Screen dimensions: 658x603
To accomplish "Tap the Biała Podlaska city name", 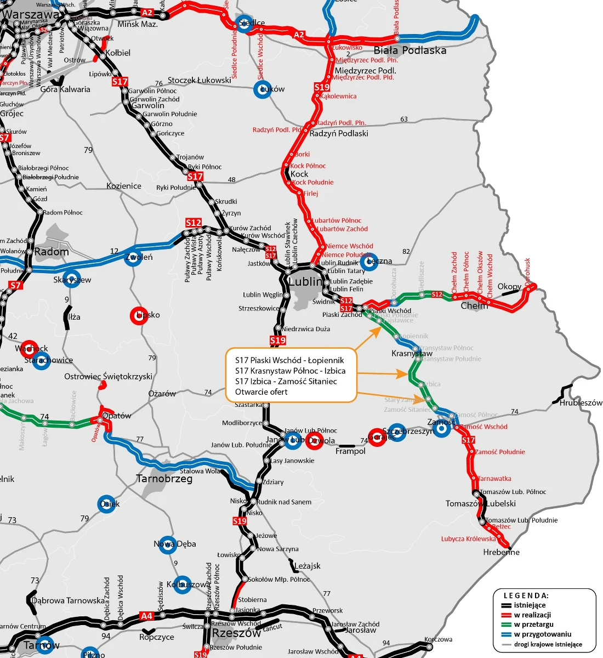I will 410,50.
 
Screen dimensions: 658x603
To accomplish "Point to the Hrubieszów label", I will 581,402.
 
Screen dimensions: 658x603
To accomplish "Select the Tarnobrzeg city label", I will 164,479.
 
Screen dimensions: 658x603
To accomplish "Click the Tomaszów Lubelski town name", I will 480,503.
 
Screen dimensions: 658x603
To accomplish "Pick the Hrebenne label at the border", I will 501,552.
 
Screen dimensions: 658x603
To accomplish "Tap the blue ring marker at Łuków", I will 263,90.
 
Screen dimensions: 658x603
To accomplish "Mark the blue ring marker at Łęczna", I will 370,262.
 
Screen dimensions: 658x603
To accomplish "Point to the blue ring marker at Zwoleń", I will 133,257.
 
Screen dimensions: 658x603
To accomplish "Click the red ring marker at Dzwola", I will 314,441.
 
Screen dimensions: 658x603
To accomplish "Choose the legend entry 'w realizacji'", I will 532,615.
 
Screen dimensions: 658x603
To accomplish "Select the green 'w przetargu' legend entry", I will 533,625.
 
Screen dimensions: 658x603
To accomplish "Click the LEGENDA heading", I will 526,595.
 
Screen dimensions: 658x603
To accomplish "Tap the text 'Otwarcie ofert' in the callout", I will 261,392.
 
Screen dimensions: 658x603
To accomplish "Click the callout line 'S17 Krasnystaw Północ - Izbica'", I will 290,371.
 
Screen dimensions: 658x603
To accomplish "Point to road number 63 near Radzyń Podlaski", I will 404,119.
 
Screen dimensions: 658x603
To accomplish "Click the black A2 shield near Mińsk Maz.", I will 147,13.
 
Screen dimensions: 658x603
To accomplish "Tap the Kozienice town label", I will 124,186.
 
